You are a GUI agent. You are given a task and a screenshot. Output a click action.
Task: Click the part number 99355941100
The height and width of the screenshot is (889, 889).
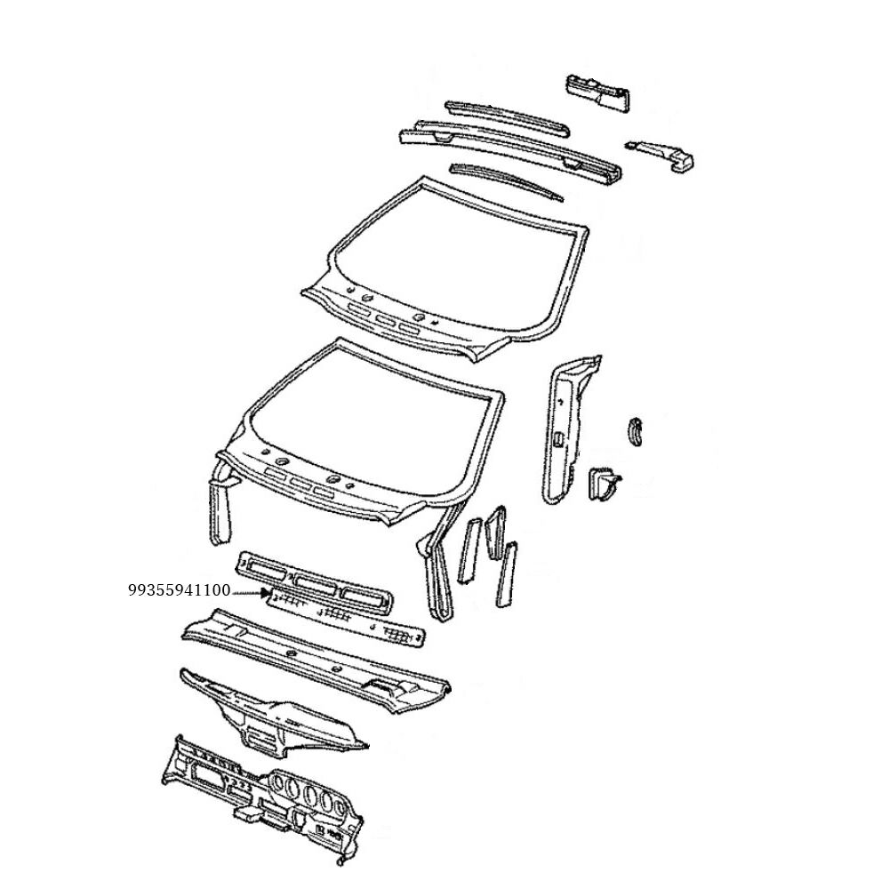179,589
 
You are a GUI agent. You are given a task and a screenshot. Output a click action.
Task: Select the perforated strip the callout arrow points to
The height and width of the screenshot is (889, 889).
347,615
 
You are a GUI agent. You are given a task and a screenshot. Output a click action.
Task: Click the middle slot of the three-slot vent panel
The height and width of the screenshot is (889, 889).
316,584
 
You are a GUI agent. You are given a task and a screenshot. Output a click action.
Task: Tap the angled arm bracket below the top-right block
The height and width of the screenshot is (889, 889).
662,153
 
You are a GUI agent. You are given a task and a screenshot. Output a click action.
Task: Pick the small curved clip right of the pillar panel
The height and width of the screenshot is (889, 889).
636,430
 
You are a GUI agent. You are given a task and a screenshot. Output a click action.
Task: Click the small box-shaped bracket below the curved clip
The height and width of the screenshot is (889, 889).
603,484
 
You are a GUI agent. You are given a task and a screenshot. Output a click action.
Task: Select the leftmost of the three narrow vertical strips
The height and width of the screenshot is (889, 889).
467,551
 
